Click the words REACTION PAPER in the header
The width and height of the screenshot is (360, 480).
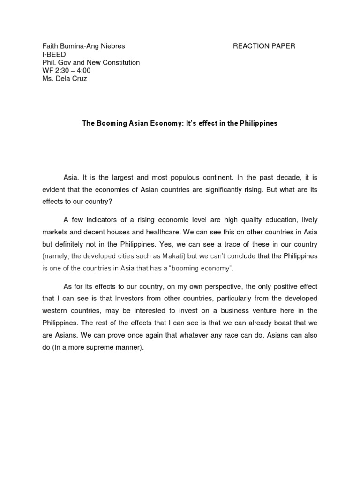264,46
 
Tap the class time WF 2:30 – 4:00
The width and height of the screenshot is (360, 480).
67,70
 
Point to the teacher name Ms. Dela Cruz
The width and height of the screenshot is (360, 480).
65,78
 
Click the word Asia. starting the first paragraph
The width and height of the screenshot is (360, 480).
71,178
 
